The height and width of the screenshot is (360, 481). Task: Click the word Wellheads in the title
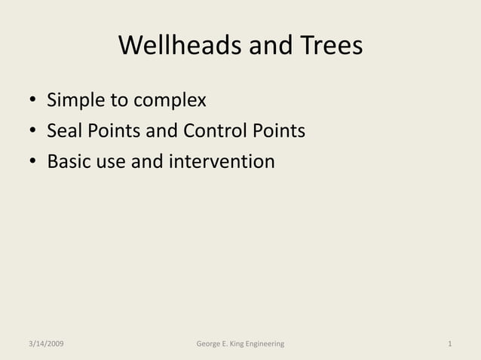click(x=170, y=47)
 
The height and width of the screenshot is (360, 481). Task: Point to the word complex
click(x=170, y=101)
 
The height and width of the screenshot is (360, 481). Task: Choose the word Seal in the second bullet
click(x=63, y=131)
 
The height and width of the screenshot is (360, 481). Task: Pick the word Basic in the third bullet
click(x=69, y=161)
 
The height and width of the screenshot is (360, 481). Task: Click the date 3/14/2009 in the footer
click(x=42, y=343)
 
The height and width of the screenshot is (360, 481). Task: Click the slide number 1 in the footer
click(x=449, y=343)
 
